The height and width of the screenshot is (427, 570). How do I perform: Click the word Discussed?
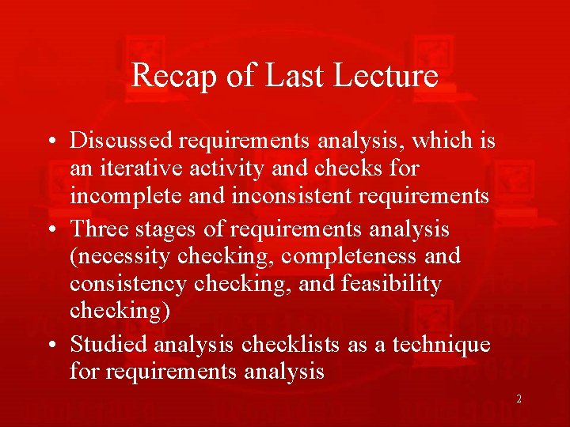pos(122,141)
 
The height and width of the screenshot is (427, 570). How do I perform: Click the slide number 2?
pos(519,399)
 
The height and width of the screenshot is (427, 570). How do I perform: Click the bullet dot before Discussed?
pos(49,142)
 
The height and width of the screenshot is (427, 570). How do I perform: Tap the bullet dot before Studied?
pos(49,346)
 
